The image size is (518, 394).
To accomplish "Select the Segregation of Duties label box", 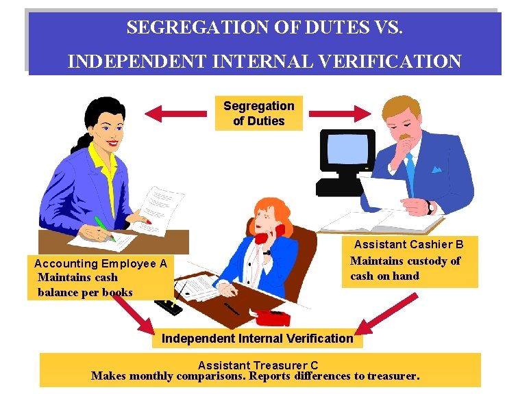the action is [x=258, y=114].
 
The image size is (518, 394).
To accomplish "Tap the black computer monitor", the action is [x=349, y=155].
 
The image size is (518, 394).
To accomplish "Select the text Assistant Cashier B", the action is [x=409, y=244].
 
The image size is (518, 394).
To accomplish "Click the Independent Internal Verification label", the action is [x=257, y=339].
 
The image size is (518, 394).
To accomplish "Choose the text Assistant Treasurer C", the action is [x=258, y=366].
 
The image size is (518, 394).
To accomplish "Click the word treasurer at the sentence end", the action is [x=392, y=376].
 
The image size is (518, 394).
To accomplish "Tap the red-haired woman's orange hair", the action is [x=264, y=208].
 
